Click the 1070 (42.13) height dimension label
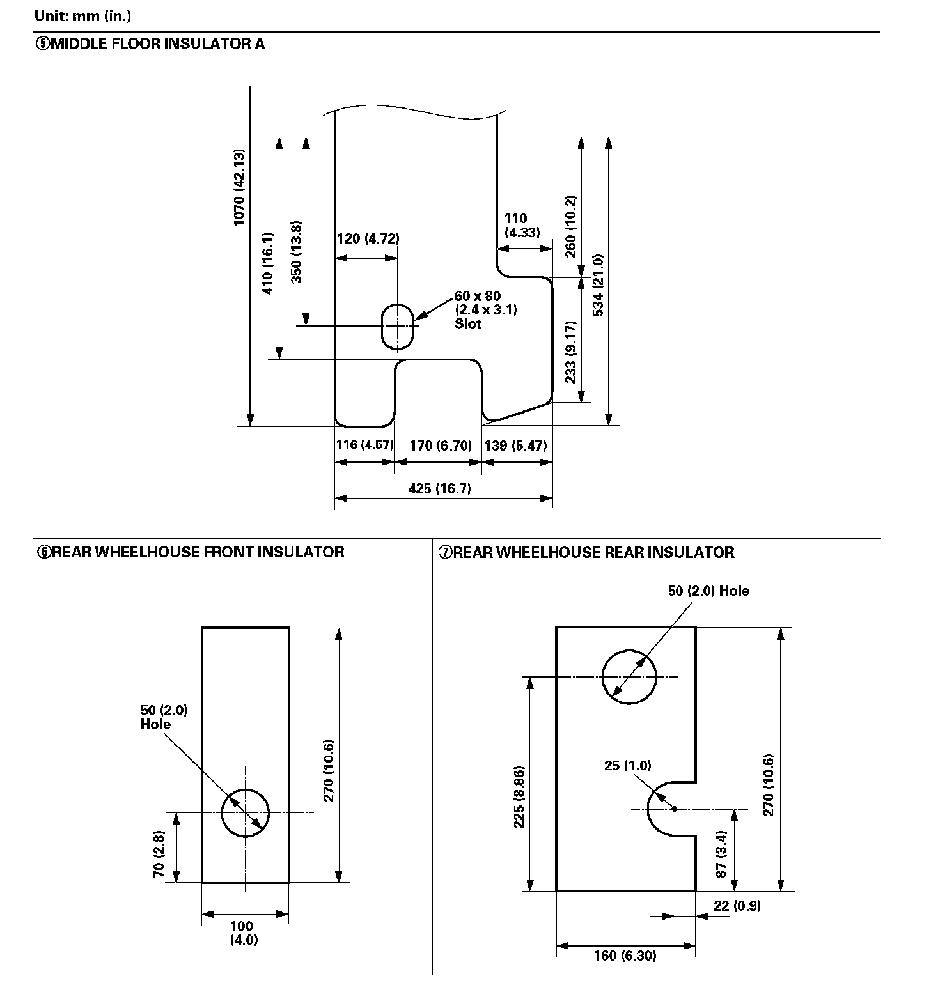coord(239,187)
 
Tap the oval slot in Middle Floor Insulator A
coord(398,326)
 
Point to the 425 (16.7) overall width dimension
coord(440,488)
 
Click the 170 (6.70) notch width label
coord(440,446)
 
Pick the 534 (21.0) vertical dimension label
coord(598,285)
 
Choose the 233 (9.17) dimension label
coord(572,352)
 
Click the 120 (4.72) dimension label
coord(368,238)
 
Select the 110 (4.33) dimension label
coord(521,225)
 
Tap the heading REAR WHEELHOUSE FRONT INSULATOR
coord(191,552)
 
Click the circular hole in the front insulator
coord(246,813)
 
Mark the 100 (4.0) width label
coord(244,933)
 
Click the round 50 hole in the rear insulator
coord(629,677)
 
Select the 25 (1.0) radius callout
coord(627,765)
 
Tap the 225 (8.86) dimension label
coord(519,797)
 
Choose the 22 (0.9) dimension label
coord(737,905)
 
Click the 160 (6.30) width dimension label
coord(625,956)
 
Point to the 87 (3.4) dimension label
coord(721,854)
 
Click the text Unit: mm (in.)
coord(83,15)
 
